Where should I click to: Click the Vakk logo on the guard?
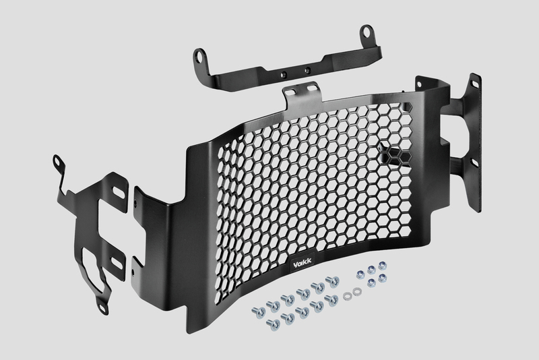pyautogui.click(x=303, y=263)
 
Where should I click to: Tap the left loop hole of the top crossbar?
pyautogui.click(x=199, y=57)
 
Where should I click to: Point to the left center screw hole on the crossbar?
pyautogui.click(x=284, y=73)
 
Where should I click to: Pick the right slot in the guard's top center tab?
pyautogui.click(x=312, y=88)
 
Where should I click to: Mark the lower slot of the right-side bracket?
pyautogui.click(x=474, y=162)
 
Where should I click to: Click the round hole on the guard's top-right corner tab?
pyautogui.click(x=419, y=84)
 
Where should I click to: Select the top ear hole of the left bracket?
pyautogui.click(x=57, y=162)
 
